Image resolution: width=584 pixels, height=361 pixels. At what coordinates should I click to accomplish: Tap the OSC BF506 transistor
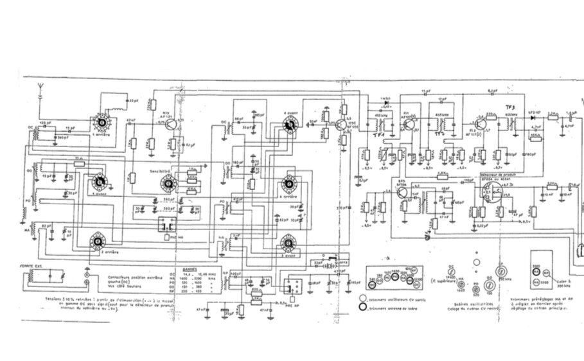point(339,125)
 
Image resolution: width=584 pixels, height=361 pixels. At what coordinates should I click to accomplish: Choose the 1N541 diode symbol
point(386,103)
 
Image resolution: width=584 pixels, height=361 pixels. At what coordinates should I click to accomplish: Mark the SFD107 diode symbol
point(533,116)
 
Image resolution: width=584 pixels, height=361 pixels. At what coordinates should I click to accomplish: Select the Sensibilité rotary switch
point(168,183)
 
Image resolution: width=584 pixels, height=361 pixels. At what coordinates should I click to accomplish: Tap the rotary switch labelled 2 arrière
point(98,240)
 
